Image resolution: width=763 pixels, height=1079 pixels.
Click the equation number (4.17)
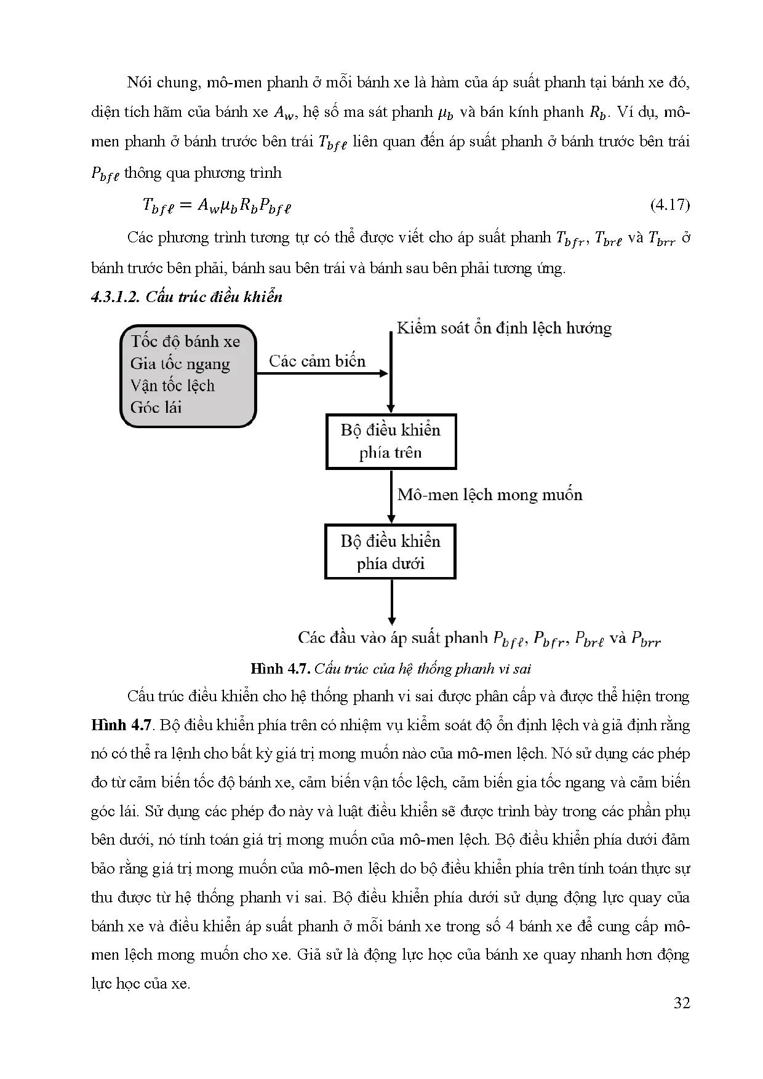(x=669, y=205)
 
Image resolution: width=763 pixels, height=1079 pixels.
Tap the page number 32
(x=682, y=1003)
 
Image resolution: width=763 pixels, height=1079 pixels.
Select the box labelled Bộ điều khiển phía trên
(x=391, y=442)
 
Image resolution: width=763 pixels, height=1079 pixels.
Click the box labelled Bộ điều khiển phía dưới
(x=391, y=552)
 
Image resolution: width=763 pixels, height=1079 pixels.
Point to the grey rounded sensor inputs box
(x=188, y=376)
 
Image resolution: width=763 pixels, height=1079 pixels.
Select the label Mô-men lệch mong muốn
(x=490, y=495)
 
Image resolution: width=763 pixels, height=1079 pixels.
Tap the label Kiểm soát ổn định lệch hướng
(x=504, y=328)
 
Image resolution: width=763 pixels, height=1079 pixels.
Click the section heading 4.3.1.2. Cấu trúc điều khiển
(x=186, y=297)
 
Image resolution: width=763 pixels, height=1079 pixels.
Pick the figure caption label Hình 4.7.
(x=282, y=669)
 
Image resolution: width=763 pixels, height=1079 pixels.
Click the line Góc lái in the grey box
(x=156, y=407)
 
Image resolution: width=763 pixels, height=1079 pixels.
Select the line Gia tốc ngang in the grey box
(x=180, y=364)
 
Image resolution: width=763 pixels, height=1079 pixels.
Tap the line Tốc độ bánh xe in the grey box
(x=185, y=341)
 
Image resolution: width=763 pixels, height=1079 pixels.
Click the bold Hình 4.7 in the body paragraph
(x=121, y=725)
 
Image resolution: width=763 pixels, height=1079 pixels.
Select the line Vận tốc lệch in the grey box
(x=172, y=386)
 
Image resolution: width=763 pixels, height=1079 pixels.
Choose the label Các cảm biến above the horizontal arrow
(x=318, y=361)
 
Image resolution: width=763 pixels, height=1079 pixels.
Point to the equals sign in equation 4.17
(x=183, y=205)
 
